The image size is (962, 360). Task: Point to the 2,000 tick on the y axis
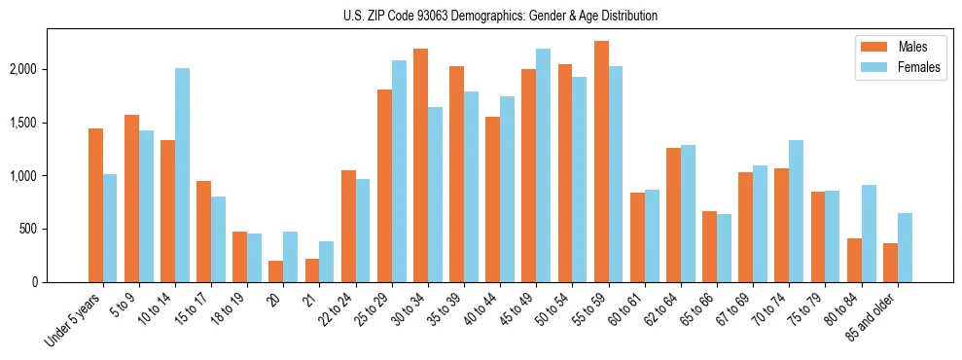(x=22, y=69)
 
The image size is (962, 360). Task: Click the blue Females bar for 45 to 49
(x=543, y=165)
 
